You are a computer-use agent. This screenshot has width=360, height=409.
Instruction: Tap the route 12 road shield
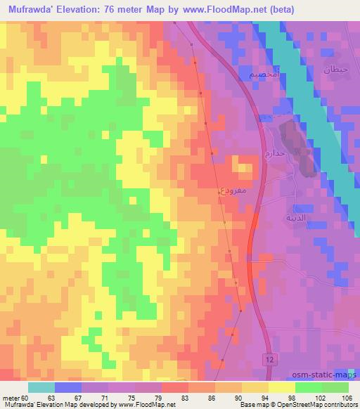point(269,358)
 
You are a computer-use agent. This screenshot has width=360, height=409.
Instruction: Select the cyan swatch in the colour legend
point(41,387)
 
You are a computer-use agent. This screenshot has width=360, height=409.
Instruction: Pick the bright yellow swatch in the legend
point(282,387)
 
